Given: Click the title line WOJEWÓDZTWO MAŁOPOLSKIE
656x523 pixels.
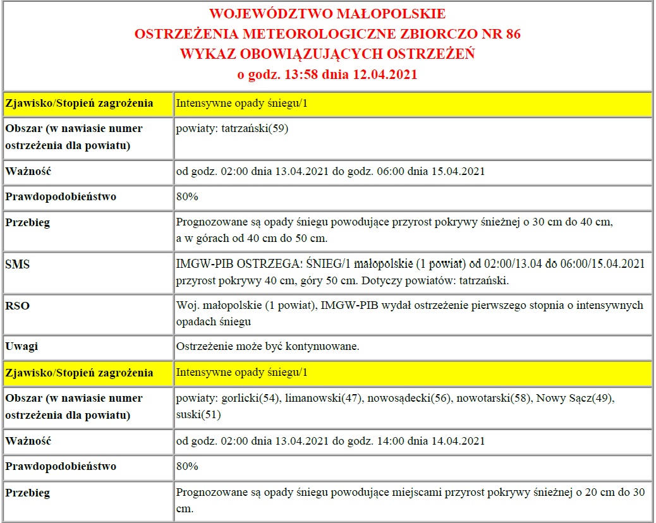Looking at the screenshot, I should [327, 14].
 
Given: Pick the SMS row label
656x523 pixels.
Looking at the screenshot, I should [18, 265].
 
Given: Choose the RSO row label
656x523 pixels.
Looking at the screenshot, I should [18, 306].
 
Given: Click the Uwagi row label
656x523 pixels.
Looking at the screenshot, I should [21, 347].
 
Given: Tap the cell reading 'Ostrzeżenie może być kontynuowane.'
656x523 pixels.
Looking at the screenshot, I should [269, 347].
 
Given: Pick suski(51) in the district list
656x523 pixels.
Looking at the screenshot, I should [198, 415].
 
